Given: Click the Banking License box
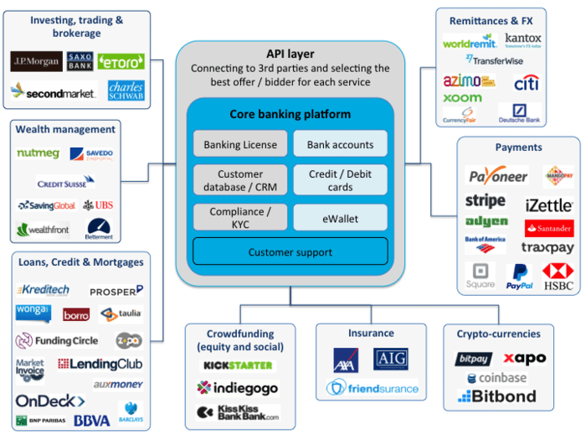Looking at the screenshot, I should click(240, 144).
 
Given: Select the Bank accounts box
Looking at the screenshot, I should click(340, 144).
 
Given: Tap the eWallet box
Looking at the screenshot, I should click(340, 219).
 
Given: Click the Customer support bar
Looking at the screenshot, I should click(290, 252).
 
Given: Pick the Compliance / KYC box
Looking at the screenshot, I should click(240, 218).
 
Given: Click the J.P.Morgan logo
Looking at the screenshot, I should click(35, 62).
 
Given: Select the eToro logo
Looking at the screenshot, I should click(121, 62).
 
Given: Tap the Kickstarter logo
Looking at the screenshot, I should click(239, 365).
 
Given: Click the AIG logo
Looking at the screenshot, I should click(390, 359).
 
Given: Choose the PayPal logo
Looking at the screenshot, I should click(520, 276).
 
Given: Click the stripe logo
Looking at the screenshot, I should click(486, 201).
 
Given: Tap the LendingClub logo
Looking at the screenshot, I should click(100, 365).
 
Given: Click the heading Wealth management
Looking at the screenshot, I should click(65, 130).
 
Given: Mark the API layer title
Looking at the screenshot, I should click(290, 54).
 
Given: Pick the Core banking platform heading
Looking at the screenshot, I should click(290, 114).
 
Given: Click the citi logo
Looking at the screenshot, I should click(526, 83).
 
